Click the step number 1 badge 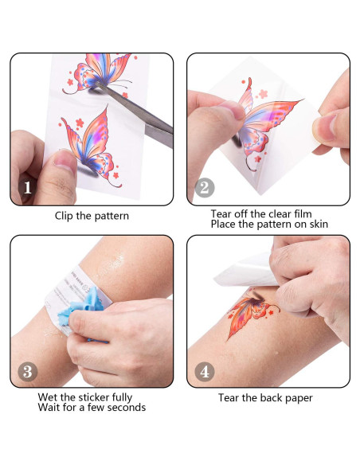(x=28, y=189)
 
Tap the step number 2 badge (x=205, y=189)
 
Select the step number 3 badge (x=28, y=371)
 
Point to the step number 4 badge (x=205, y=371)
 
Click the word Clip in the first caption (x=65, y=216)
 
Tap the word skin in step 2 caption (x=315, y=225)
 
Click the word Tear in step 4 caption (x=230, y=397)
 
